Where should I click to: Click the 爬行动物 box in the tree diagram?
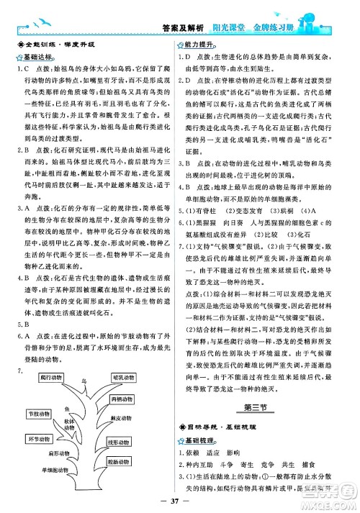coord(51,377)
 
